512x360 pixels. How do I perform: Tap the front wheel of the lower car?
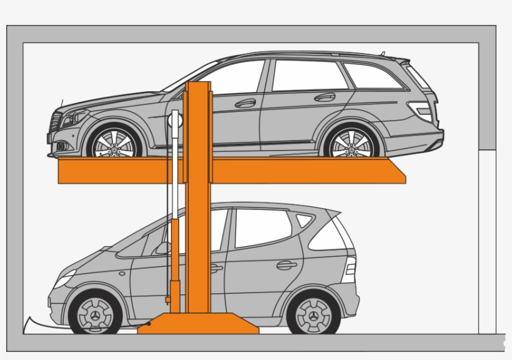tap(95, 314)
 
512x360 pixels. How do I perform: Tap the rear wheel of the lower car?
tap(313, 314)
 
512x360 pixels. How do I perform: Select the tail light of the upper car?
tap(424, 111)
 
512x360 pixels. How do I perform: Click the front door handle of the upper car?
tap(245, 103)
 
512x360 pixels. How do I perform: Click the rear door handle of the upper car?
tap(325, 97)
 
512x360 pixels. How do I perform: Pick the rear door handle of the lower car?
tap(287, 265)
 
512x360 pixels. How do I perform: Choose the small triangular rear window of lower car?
tap(304, 220)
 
